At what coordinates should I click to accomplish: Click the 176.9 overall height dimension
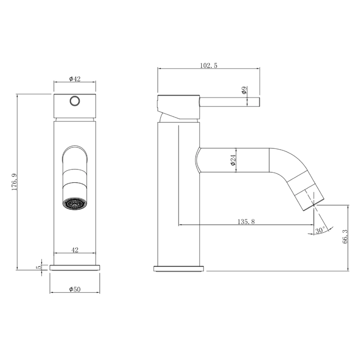[14, 182]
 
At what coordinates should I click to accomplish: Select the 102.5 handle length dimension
[208, 65]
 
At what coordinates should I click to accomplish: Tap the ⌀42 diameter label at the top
[75, 79]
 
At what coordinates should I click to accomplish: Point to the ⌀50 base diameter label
[75, 289]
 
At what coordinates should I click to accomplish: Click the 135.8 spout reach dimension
[246, 222]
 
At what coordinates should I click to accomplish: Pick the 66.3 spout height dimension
[345, 237]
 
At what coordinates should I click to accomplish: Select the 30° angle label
[320, 230]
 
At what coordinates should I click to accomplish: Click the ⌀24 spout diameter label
[233, 160]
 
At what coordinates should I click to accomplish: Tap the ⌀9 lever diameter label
[244, 90]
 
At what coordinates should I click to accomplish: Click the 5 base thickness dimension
[39, 267]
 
